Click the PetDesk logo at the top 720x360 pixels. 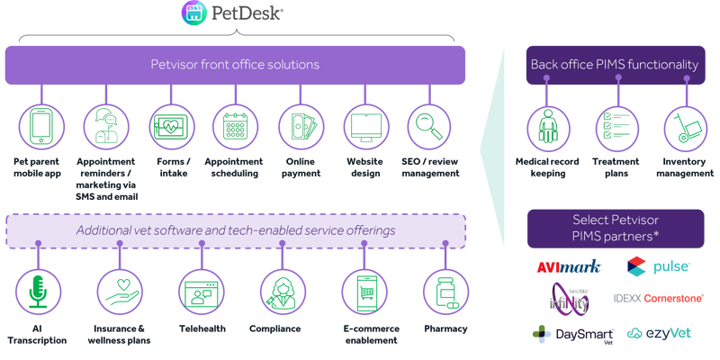click(x=234, y=13)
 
